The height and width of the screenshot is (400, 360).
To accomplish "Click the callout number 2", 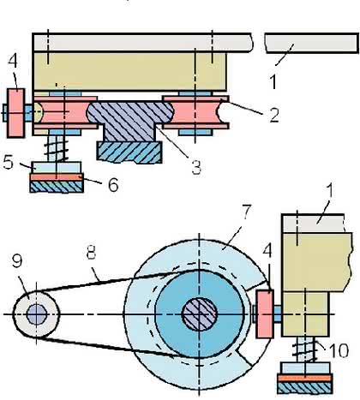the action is point(274,115).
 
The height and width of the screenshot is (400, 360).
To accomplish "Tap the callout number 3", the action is point(196,167).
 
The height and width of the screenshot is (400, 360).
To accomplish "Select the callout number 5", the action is point(9,162).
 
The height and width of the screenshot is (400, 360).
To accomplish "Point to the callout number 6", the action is point(113,184).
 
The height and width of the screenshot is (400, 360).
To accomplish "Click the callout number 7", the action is point(246,212).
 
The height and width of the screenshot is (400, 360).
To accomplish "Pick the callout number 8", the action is point(91,252).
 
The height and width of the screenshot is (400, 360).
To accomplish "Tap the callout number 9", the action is point(17,260).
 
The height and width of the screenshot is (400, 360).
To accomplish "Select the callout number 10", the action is point(339,350).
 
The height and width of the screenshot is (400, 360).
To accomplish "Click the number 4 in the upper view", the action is point(13,62).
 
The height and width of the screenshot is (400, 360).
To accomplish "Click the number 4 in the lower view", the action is point(267,251).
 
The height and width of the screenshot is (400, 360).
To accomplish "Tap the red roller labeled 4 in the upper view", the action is point(15,113).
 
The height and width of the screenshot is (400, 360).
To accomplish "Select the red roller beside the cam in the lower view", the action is point(265,313).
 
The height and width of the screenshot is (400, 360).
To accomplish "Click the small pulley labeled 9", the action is point(36,314).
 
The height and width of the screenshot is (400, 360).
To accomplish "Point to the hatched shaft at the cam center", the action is point(200,314).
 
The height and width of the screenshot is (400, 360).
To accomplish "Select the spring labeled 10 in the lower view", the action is point(305,349).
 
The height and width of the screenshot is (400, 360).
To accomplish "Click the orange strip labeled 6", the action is point(57,177).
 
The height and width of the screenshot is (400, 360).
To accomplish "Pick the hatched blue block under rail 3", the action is point(129,152).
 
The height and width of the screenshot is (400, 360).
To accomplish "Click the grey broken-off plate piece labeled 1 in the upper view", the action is point(311,44).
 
